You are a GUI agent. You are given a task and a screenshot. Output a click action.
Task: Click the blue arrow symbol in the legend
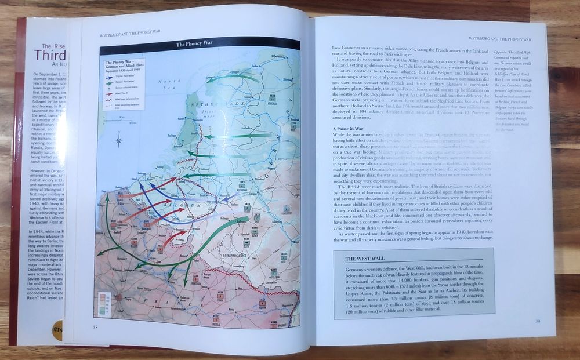[x=110, y=78]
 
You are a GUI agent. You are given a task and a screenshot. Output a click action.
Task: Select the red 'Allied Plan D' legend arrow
[x=110, y=92]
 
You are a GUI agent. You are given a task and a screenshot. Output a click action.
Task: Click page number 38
[x=95, y=327]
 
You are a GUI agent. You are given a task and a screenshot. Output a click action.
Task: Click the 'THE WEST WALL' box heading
[x=368, y=259]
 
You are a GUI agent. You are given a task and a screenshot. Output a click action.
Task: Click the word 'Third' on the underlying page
[x=50, y=55]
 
